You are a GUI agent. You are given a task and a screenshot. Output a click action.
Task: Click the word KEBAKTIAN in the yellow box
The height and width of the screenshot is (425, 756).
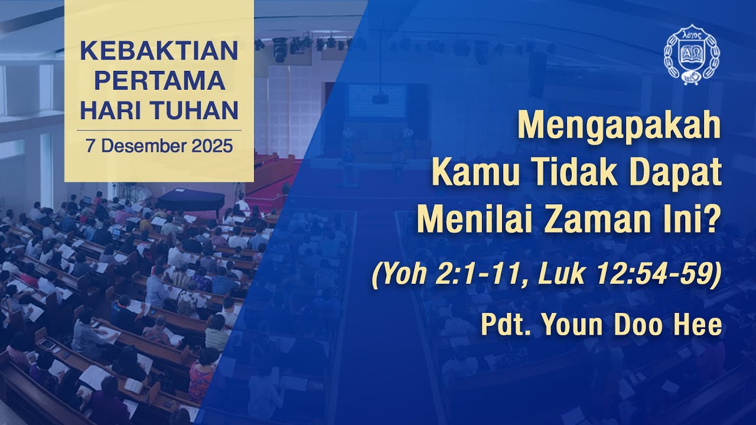(159, 51)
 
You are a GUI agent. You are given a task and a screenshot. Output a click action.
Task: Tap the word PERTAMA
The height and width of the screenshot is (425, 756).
(159, 81)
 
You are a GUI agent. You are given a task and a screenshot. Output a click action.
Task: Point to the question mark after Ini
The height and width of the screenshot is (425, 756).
(713, 220)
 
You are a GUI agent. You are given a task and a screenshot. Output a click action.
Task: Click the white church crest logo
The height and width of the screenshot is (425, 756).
(692, 54)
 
